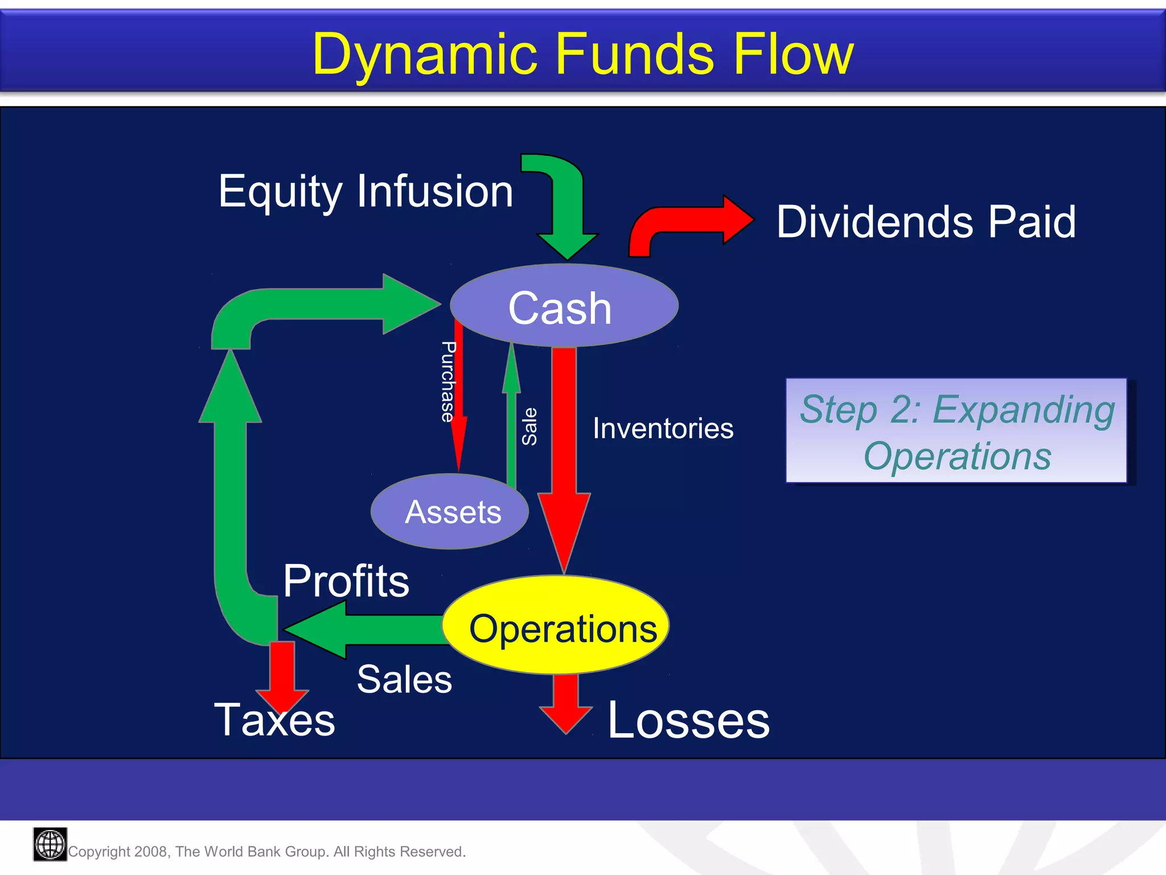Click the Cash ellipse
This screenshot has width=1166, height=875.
(x=564, y=306)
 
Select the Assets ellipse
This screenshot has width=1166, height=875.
(x=450, y=512)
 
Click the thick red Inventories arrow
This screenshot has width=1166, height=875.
(x=564, y=444)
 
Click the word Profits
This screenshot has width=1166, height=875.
(x=346, y=581)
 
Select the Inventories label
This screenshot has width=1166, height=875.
(x=663, y=428)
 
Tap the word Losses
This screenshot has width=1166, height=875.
(x=688, y=721)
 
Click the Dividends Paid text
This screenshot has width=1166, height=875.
(x=926, y=222)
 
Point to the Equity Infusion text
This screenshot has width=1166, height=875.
(x=366, y=191)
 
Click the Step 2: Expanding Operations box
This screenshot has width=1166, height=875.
(x=956, y=431)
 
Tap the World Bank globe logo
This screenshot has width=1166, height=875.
(x=50, y=844)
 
